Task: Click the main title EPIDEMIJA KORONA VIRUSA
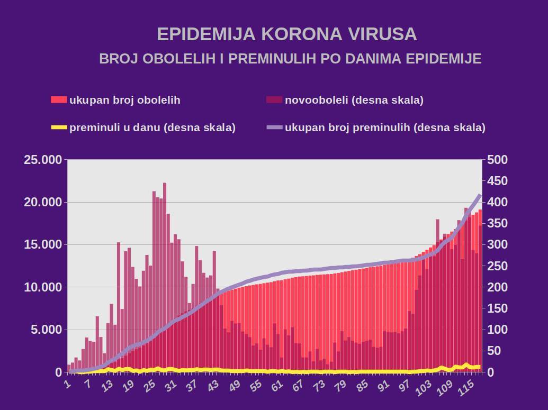[286, 34]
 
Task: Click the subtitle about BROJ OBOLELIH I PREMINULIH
[290, 59]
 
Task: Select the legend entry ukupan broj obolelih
[125, 100]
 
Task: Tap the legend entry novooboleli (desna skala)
[354, 100]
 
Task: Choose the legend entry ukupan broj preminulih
[385, 127]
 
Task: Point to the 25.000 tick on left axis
[43, 160]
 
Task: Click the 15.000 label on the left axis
[43, 245]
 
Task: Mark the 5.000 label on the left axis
[46, 330]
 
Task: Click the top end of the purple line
[480, 195]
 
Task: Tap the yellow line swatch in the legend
[59, 127]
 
